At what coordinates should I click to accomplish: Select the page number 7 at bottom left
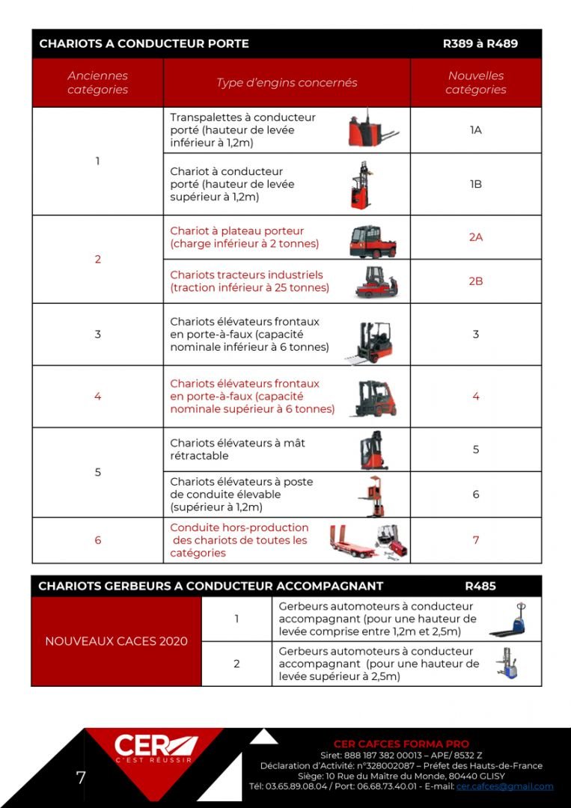pyautogui.click(x=81, y=777)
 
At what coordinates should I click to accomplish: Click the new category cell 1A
pyautogui.click(x=475, y=130)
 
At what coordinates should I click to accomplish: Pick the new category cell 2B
pyautogui.click(x=475, y=281)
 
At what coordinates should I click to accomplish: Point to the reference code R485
pyautogui.click(x=480, y=586)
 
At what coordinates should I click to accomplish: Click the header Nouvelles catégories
pyautogui.click(x=475, y=82)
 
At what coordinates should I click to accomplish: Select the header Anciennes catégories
pyautogui.click(x=97, y=82)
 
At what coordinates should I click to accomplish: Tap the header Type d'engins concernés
pyautogui.click(x=287, y=82)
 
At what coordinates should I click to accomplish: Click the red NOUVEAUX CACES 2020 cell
pyautogui.click(x=116, y=641)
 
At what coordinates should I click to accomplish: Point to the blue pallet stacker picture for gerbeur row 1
pyautogui.click(x=508, y=620)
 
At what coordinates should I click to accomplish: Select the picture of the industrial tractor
pyautogui.click(x=376, y=282)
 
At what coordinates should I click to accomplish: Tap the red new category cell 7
pyautogui.click(x=475, y=540)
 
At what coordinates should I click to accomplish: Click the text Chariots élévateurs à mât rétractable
pyautogui.click(x=237, y=449)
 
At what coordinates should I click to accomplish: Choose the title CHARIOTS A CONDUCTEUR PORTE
pyautogui.click(x=144, y=43)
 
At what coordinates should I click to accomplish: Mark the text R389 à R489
pyautogui.click(x=480, y=43)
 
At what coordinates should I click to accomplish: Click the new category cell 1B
pyautogui.click(x=475, y=184)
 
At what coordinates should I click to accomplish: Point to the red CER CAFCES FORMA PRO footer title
pyautogui.click(x=401, y=744)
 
